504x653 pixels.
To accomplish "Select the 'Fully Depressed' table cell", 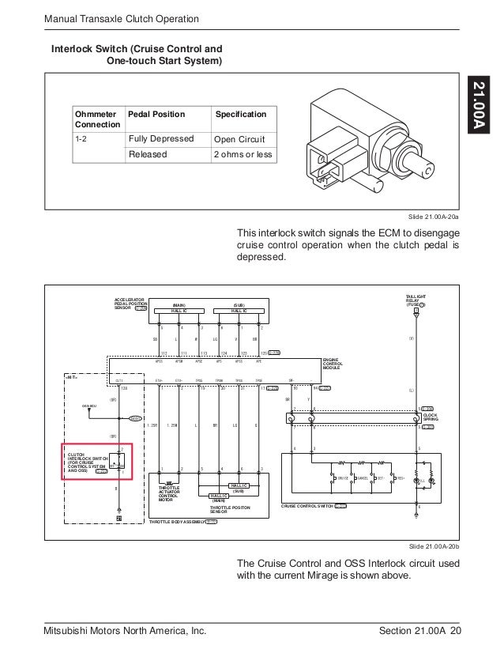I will (161, 139).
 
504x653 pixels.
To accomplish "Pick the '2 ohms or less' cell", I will (243, 155).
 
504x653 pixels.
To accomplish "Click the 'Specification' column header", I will (241, 114).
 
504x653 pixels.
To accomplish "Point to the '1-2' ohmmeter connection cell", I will (81, 139).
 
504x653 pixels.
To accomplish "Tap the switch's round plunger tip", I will (427, 168).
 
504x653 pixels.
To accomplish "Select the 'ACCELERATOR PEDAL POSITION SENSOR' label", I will (131, 303).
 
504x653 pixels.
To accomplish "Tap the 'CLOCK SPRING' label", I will (431, 416).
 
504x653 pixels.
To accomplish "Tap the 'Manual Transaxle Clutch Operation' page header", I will (121, 18).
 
